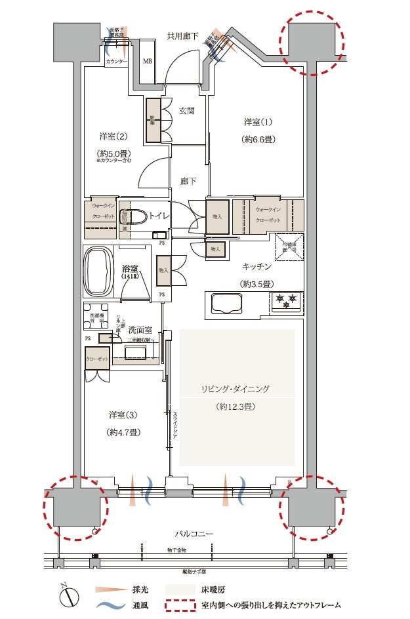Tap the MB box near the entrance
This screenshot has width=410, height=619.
148,62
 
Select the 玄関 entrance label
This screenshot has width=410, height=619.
186,111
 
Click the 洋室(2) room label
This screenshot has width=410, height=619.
113,136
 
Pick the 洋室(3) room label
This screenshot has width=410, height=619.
123,415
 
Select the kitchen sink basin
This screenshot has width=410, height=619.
226,303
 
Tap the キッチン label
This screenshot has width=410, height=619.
256,266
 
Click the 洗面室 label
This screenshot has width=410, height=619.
140,330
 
